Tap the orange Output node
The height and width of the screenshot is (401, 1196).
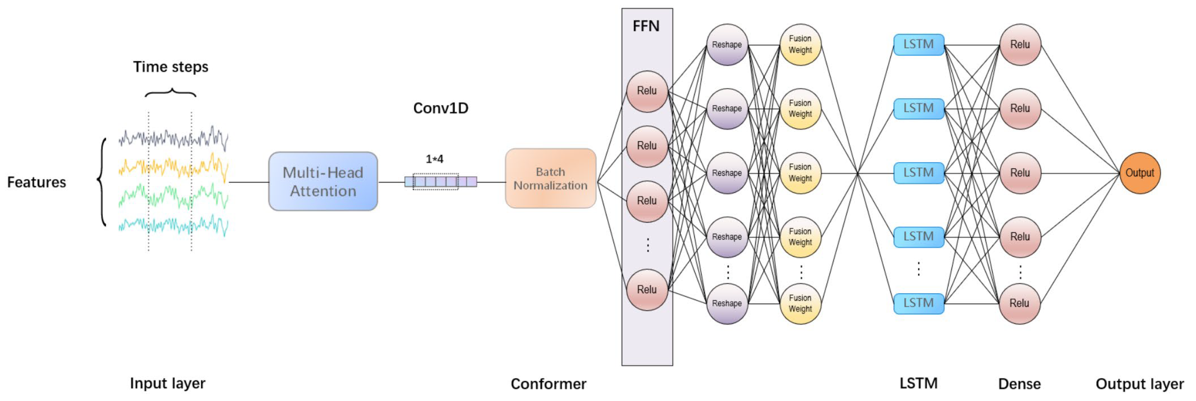[x=1139, y=173]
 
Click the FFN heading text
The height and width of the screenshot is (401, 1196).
[x=646, y=26]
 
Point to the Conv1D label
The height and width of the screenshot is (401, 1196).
[x=441, y=108]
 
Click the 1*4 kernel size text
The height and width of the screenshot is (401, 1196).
[x=434, y=159]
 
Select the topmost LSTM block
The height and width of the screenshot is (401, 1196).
[x=918, y=45]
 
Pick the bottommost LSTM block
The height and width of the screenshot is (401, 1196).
[x=918, y=304]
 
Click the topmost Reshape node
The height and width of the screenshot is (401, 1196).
[x=727, y=45]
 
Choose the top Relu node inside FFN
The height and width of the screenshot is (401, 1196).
[x=647, y=91]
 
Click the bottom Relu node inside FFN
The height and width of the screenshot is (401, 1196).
[x=647, y=289]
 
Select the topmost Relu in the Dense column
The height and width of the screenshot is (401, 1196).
[x=1020, y=45]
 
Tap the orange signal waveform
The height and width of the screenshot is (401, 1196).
[x=173, y=167]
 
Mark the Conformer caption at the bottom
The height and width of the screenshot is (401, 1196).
[x=548, y=384]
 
